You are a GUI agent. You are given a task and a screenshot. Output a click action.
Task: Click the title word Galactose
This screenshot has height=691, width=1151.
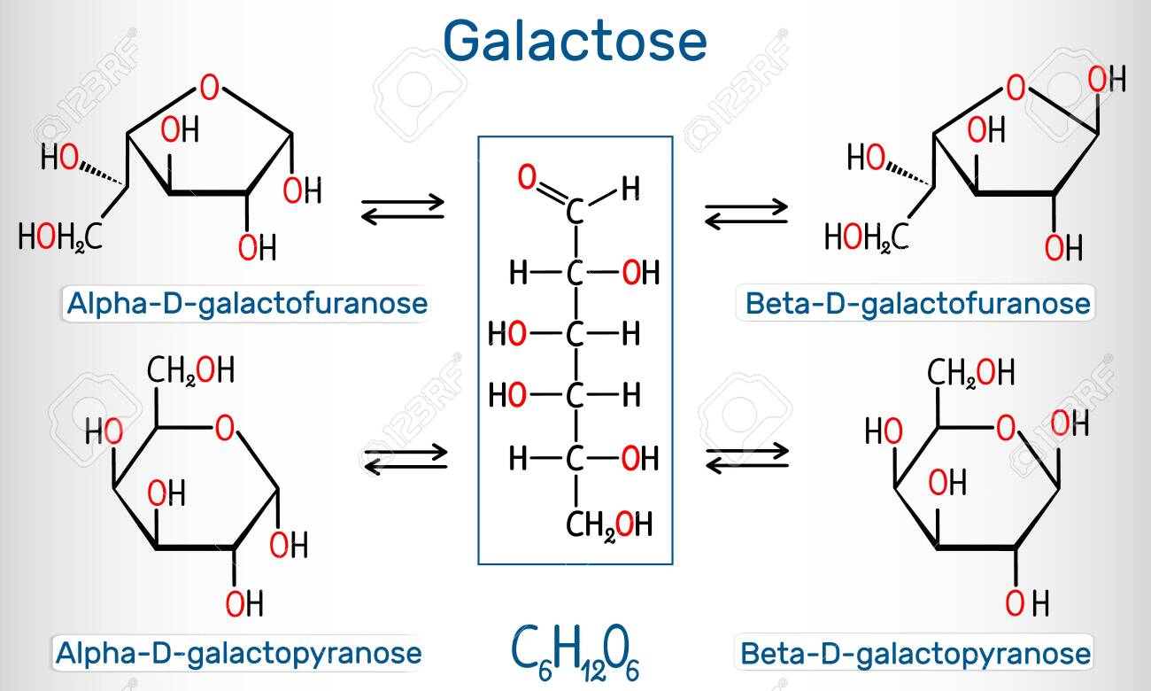pyautogui.click(x=575, y=41)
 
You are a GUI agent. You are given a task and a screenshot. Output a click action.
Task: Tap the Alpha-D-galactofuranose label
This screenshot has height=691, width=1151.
pyautogui.click(x=247, y=303)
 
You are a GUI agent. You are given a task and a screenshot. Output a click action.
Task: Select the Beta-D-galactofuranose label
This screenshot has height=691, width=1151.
pyautogui.click(x=918, y=303)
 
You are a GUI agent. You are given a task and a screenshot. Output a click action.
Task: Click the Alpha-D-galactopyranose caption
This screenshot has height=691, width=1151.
pyautogui.click(x=238, y=654)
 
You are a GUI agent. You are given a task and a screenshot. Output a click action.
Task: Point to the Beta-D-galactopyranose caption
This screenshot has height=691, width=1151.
pyautogui.click(x=915, y=654)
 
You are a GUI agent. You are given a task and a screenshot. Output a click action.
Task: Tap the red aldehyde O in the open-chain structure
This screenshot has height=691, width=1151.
pyautogui.click(x=527, y=177)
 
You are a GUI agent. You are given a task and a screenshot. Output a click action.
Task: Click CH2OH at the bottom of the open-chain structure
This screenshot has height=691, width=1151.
pyautogui.click(x=609, y=525)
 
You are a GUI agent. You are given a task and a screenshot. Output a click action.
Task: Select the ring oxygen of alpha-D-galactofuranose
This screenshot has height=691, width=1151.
pyautogui.click(x=209, y=88)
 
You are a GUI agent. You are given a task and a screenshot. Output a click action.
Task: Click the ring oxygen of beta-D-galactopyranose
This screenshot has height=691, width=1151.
pyautogui.click(x=1006, y=428)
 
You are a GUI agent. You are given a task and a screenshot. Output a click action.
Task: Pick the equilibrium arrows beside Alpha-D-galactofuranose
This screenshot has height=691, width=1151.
pyautogui.click(x=402, y=209)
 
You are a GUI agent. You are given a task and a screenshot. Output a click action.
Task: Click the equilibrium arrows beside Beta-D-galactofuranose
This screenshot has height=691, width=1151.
pyautogui.click(x=746, y=214)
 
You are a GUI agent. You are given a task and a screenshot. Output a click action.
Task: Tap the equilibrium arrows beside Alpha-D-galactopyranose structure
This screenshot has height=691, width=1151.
pyautogui.click(x=406, y=459)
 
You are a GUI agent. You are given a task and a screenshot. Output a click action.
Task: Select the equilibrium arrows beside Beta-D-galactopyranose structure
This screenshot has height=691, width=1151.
pyautogui.click(x=747, y=458)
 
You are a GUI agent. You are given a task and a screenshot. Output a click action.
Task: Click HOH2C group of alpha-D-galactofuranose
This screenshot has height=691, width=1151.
pyautogui.click(x=60, y=238)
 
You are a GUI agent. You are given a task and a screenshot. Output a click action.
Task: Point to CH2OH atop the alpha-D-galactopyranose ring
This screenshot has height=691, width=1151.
pyautogui.click(x=190, y=369)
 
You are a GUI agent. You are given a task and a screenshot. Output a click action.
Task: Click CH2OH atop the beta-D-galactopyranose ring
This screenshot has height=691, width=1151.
pyautogui.click(x=970, y=372)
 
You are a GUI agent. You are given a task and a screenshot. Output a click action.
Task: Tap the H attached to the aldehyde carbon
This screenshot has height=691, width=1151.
pyautogui.click(x=631, y=188)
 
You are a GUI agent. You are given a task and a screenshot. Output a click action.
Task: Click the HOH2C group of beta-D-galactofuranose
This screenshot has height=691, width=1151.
pyautogui.click(x=866, y=238)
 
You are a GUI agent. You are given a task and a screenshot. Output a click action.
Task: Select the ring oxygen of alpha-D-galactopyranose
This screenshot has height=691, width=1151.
pyautogui.click(x=225, y=428)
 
